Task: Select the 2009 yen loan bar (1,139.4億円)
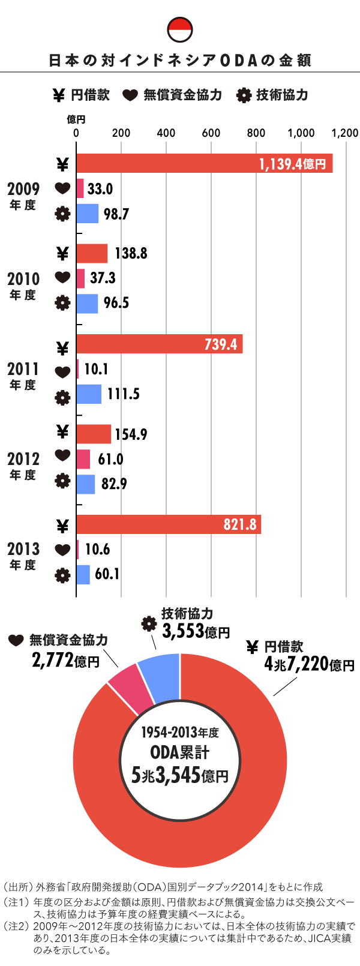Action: (204, 164)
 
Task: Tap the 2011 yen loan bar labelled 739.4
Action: (159, 344)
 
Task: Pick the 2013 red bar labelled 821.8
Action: (168, 524)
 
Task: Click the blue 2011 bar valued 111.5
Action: (89, 394)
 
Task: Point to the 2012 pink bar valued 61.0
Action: (83, 459)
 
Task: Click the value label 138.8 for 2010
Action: (130, 253)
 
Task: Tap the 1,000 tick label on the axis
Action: (301, 133)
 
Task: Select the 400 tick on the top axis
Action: (166, 133)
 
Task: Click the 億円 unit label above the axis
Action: (76, 120)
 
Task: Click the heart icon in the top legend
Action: (130, 95)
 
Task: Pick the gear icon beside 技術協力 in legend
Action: (243, 95)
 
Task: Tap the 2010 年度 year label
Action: (23, 285)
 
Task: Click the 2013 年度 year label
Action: (23, 556)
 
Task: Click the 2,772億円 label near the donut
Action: (65, 661)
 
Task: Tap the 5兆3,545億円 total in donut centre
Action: (180, 776)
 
